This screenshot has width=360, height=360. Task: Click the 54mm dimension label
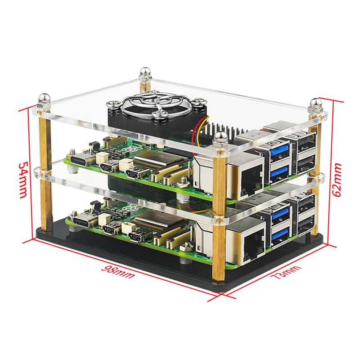[23, 180]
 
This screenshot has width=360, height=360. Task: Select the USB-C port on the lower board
[84, 222]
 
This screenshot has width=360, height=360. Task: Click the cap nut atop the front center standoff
[220, 137]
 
